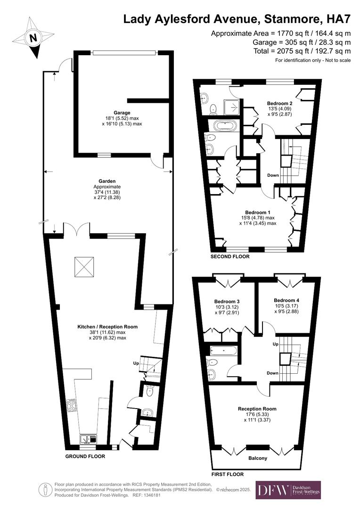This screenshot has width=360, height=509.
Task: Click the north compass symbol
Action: tap(33, 38)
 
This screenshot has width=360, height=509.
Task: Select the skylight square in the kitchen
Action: tap(84, 267)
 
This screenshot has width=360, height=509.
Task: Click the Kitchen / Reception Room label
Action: tap(107, 326)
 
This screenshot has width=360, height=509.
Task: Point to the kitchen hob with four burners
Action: tap(73, 405)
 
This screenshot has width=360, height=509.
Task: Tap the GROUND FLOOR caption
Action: tap(85, 456)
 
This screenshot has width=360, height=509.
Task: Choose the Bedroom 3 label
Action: tap(227, 302)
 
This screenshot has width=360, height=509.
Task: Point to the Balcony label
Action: tap(257, 458)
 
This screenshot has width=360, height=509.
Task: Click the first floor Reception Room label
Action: tap(257, 409)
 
